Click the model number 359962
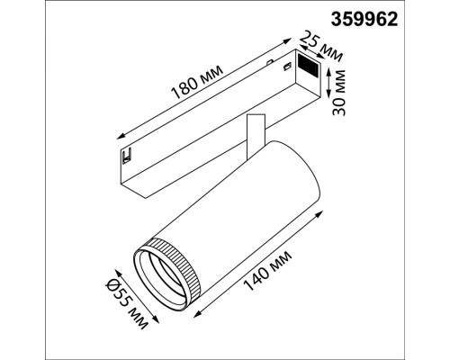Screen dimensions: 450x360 tap(364, 20)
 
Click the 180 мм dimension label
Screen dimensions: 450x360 tap(196, 82)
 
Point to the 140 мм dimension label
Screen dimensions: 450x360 tap(267, 271)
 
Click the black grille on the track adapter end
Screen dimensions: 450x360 tap(308, 65)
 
